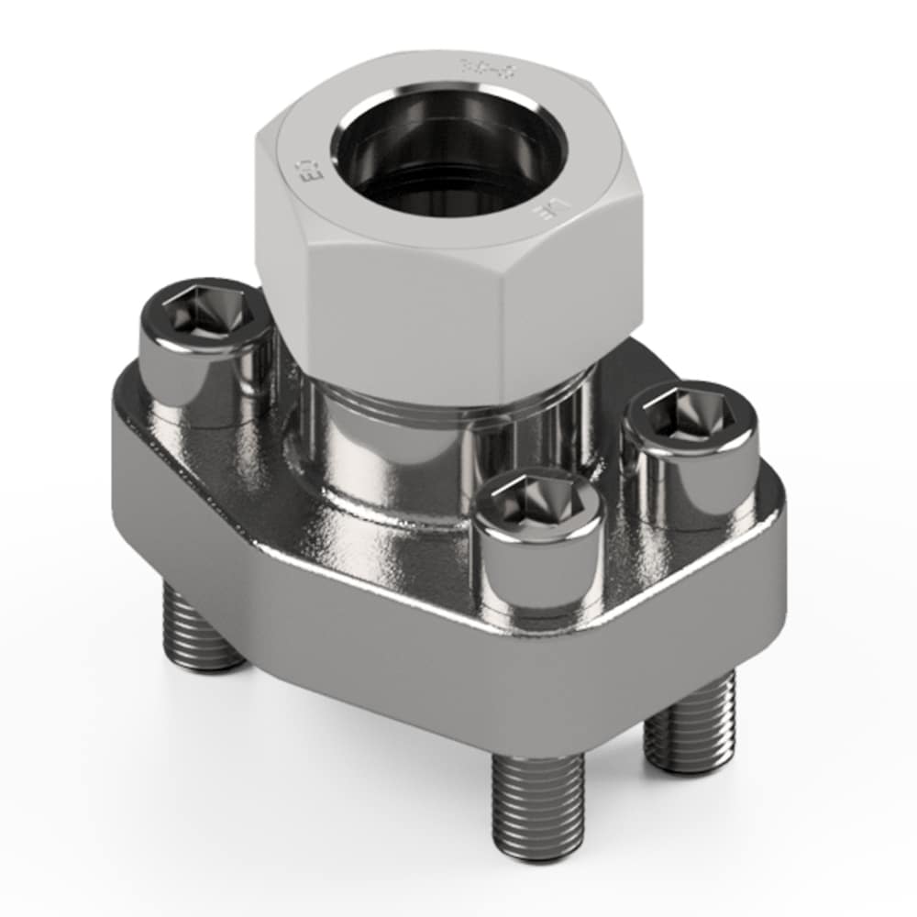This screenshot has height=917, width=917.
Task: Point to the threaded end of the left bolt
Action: click(204, 633)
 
